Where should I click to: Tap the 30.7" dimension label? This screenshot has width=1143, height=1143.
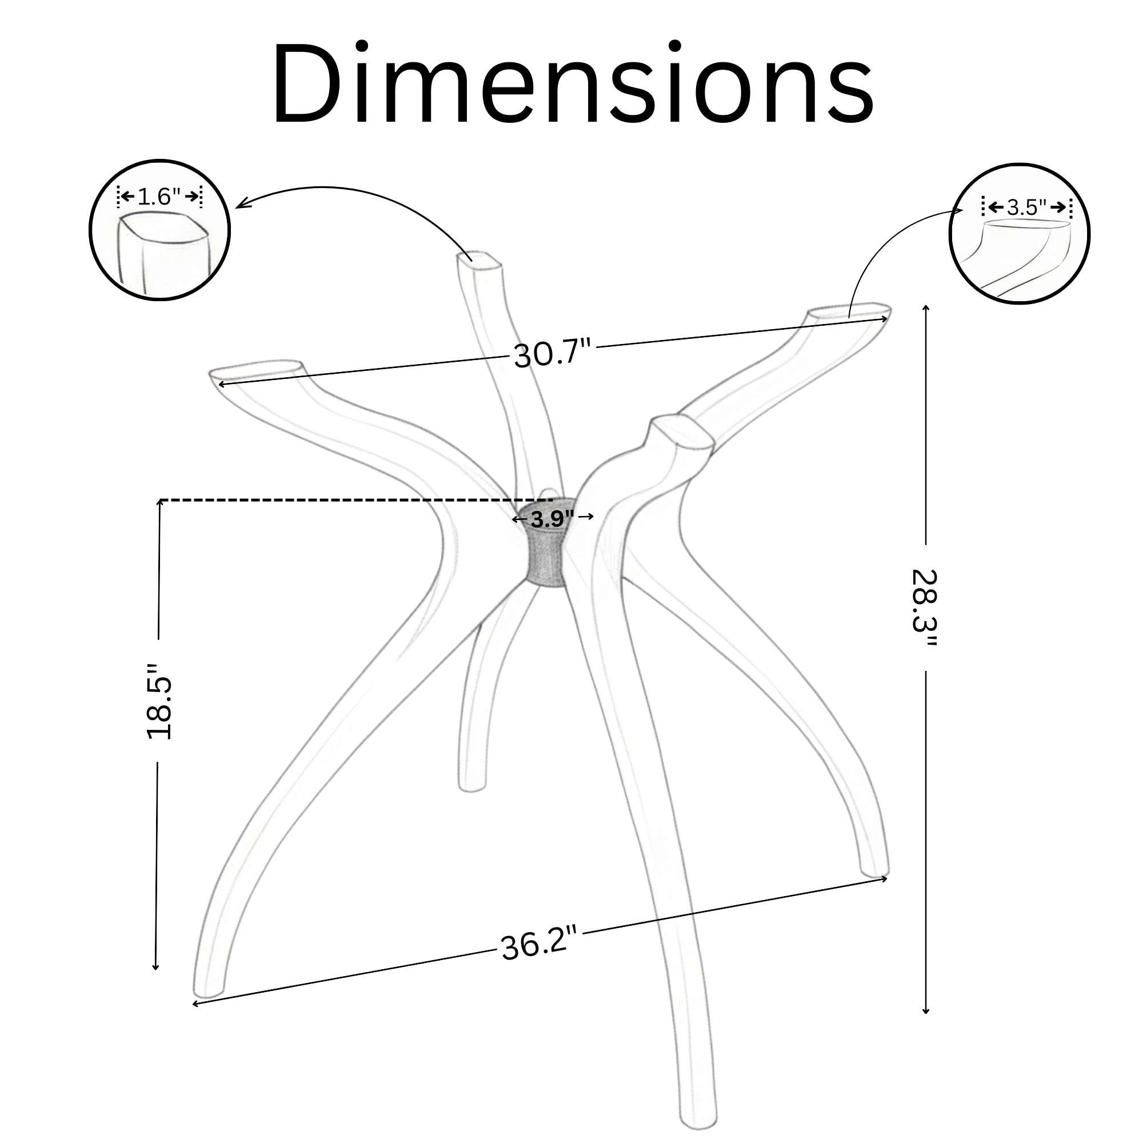tap(551, 354)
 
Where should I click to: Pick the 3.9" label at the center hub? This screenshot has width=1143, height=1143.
tap(552, 519)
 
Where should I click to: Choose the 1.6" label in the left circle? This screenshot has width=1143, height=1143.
tap(158, 196)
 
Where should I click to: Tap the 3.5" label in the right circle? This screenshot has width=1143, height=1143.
tap(1026, 207)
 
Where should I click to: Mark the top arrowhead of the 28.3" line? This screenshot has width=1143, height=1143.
tap(926, 308)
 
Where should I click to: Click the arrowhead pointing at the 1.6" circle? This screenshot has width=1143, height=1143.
tap(239, 205)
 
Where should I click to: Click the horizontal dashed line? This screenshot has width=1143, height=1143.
tap(355, 500)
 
